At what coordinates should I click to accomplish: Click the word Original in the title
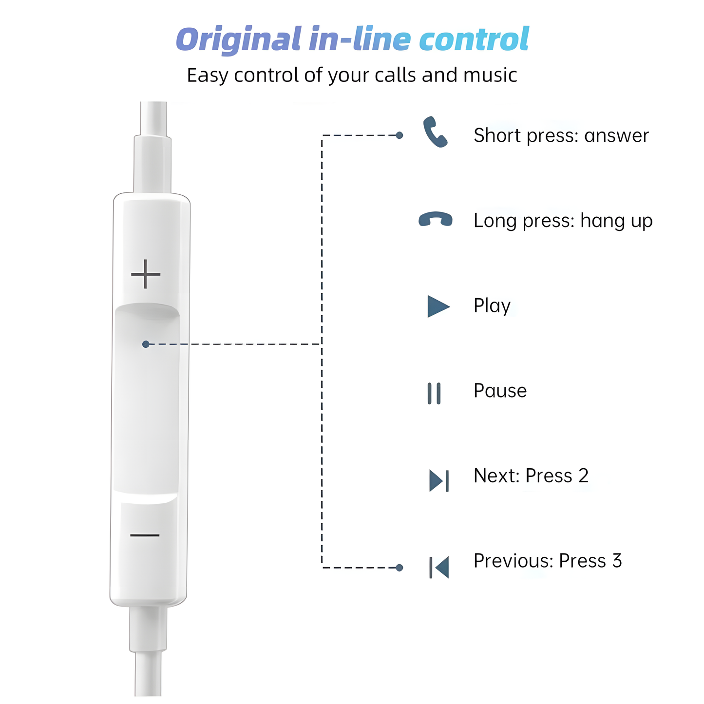click(239, 40)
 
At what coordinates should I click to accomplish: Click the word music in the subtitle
click(490, 75)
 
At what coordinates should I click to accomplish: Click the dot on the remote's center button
click(146, 344)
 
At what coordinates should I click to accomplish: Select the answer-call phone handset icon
click(435, 132)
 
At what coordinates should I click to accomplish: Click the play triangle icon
click(438, 306)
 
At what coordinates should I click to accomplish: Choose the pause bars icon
click(434, 394)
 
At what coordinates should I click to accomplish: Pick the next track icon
click(439, 481)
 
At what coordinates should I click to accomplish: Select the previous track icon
click(439, 568)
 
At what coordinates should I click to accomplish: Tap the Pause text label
click(500, 391)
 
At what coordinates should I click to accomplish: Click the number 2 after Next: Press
click(584, 476)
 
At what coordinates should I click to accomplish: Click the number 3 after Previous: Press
click(617, 561)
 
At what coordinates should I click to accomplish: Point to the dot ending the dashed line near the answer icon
click(400, 135)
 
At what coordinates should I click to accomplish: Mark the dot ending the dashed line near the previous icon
click(400, 568)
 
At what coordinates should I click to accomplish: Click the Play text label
click(492, 306)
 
